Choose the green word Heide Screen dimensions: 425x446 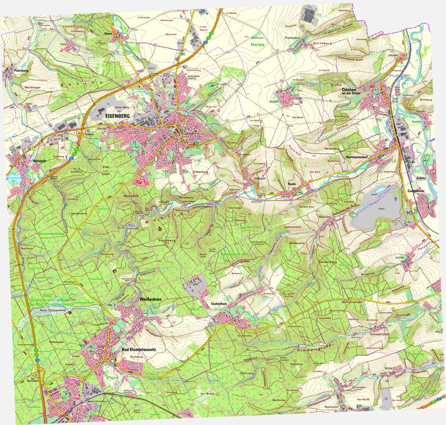pyautogui.click(x=258, y=45)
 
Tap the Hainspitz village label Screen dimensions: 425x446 pyautogui.click(x=40, y=160)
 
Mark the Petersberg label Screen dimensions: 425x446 pyautogui.click(x=22, y=71)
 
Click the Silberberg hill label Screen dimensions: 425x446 pyautogui.click(x=201, y=172)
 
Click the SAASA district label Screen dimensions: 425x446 pyautogui.click(x=102, y=128)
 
